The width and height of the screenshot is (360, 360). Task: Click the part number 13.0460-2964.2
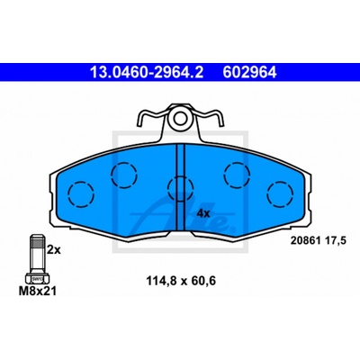point(147,72)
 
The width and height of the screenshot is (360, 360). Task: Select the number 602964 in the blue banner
point(249,72)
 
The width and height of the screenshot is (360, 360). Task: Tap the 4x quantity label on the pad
point(203,213)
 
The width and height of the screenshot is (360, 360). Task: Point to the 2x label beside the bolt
point(54,250)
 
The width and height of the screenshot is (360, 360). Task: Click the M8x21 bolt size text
point(38,291)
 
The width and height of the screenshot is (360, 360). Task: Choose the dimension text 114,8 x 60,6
point(181,282)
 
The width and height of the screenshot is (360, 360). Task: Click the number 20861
point(303,240)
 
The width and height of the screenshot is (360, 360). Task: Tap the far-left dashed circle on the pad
point(81,194)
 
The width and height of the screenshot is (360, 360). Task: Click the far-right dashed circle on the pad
point(280,194)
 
